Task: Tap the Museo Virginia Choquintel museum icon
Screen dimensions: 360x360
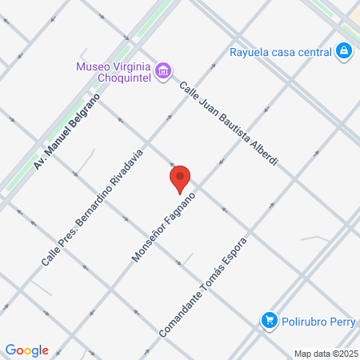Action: point(163,71)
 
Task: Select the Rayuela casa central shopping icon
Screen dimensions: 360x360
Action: point(344,53)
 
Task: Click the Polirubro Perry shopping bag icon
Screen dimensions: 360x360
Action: point(270,322)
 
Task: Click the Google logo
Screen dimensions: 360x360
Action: point(26,350)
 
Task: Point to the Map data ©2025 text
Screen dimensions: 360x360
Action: point(326,353)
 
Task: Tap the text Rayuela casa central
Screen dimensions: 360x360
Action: point(280,53)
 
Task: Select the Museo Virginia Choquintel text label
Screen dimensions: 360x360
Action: point(116,71)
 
